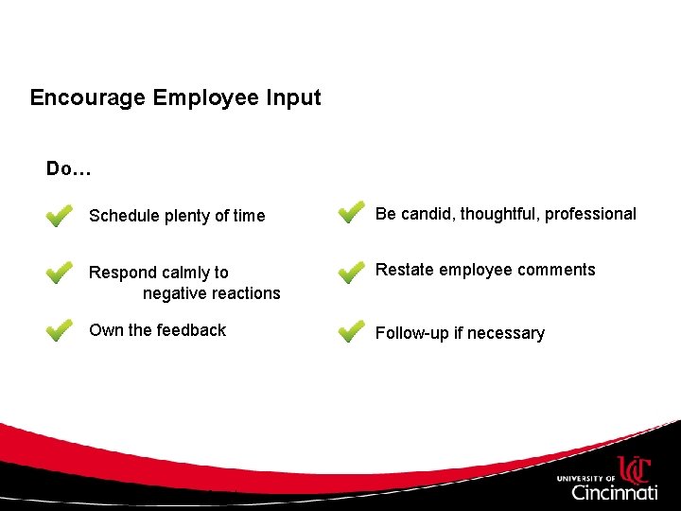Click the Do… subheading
click(68, 169)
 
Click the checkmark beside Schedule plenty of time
click(59, 217)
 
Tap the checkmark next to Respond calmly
click(59, 273)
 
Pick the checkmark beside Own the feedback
click(59, 330)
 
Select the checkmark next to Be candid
click(351, 213)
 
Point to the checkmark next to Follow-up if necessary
click(351, 331)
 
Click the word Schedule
click(124, 216)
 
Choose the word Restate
click(404, 270)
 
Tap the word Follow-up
click(414, 333)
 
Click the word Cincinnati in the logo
click(615, 492)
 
